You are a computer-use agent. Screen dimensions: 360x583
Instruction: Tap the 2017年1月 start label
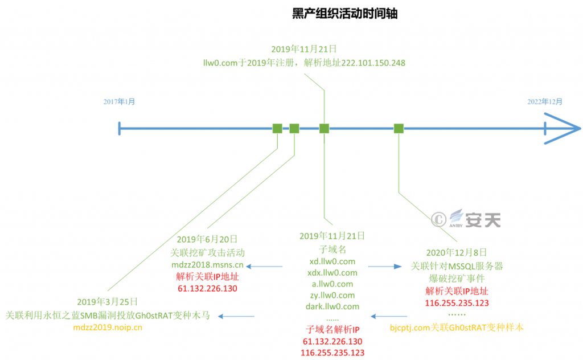coord(120,101)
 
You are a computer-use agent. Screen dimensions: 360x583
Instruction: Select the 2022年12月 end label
coord(544,101)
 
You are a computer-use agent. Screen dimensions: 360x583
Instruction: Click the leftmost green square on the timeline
coord(277,128)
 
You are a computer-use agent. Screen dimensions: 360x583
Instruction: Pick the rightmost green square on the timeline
coord(399,128)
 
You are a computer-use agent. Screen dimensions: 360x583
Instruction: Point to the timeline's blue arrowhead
coord(563,128)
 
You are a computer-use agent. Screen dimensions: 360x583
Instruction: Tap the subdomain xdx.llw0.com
coord(332,273)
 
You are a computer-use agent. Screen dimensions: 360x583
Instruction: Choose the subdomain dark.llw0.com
coord(332,306)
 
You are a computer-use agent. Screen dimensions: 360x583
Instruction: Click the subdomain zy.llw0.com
coord(332,295)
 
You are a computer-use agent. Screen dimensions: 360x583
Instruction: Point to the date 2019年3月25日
coord(108,301)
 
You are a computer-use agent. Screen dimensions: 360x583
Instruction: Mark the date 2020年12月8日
coord(457,252)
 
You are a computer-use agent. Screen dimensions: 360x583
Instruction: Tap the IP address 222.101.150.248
coord(373,63)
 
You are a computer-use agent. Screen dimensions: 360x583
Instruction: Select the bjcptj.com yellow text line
coord(457,328)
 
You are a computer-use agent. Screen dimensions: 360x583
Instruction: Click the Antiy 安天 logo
coord(475,219)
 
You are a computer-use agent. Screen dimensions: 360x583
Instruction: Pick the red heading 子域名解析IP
coord(332,329)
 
